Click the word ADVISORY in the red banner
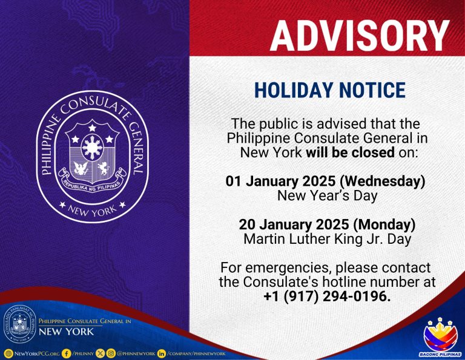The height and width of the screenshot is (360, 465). (360, 36)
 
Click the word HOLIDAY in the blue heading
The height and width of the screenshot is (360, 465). (293, 90)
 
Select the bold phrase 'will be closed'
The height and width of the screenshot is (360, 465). (350, 152)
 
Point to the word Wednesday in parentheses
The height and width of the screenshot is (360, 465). (383, 181)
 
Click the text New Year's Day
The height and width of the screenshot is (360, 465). (327, 195)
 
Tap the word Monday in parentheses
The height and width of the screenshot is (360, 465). (384, 224)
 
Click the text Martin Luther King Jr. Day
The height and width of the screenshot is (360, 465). (327, 239)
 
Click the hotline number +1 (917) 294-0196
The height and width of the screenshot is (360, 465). (327, 296)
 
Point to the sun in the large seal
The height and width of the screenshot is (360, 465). (92, 147)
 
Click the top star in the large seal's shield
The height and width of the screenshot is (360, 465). (92, 128)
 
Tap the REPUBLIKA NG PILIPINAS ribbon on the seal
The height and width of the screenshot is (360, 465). (92, 181)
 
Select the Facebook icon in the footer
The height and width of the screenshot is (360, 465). (67, 353)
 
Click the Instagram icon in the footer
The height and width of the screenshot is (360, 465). (111, 353)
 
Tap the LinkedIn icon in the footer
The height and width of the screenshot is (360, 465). (162, 353)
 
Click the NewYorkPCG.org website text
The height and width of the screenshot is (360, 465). (37, 353)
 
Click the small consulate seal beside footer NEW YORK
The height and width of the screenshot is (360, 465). (19, 325)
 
